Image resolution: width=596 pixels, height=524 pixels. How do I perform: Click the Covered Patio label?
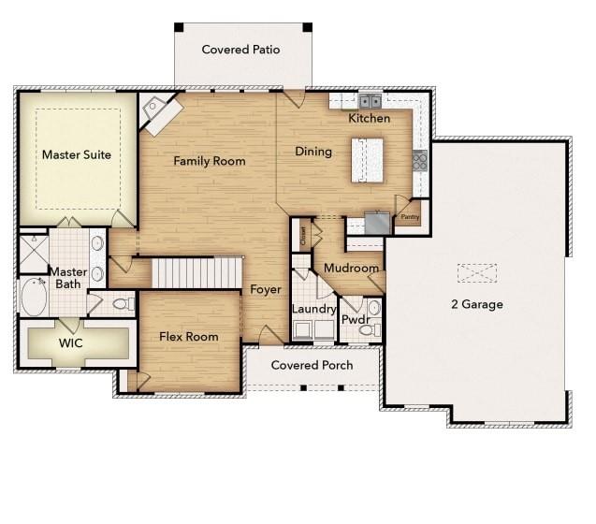click(x=240, y=50)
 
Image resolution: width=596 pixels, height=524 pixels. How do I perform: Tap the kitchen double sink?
click(x=371, y=101)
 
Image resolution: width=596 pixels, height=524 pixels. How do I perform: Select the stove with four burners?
click(x=420, y=161)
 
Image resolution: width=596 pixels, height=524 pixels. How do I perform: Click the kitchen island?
click(x=368, y=160)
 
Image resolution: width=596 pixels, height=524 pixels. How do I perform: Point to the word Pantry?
click(x=410, y=216)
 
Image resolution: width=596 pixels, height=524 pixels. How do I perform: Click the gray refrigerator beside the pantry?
click(x=378, y=223)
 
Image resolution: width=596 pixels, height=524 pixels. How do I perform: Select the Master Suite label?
click(x=77, y=154)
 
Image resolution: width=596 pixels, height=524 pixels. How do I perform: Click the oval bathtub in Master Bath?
click(x=35, y=297)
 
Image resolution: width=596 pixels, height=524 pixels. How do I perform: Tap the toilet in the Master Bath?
click(x=122, y=303)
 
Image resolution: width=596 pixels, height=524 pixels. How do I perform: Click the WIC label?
click(x=71, y=343)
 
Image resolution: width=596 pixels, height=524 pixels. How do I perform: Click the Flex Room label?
click(x=188, y=337)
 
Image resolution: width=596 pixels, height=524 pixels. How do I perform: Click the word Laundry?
click(x=313, y=310)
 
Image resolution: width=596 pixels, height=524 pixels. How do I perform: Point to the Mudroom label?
click(x=351, y=269)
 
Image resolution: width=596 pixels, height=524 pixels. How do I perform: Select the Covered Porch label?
click(x=312, y=365)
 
